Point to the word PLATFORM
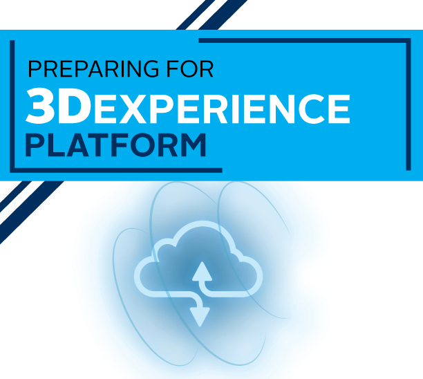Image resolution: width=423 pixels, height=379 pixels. click(x=115, y=146)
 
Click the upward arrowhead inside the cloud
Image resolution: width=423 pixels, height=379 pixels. click(x=202, y=270)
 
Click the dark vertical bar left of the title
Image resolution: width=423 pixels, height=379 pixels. click(x=12, y=104)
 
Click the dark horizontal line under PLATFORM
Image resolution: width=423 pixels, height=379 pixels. click(x=117, y=169)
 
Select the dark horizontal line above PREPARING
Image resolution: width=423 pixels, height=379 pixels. click(x=304, y=41)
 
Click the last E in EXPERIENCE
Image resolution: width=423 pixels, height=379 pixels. click(x=338, y=109)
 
